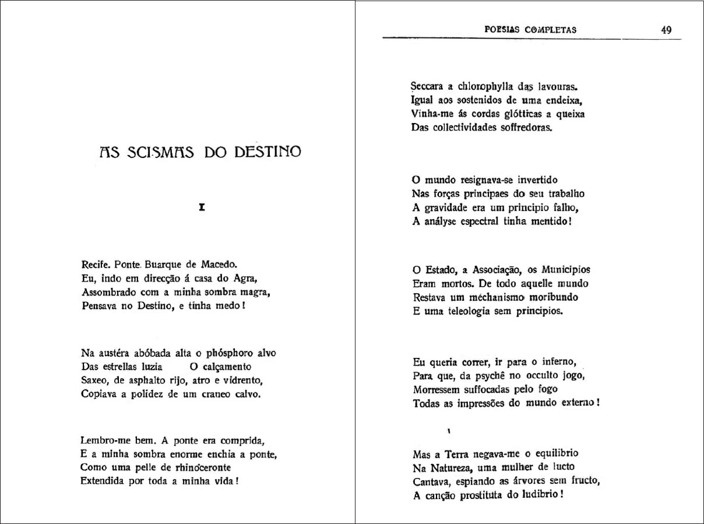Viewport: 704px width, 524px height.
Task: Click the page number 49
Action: point(667,30)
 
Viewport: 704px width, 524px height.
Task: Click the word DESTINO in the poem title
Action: point(267,153)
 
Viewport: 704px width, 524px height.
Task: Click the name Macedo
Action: point(218,263)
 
